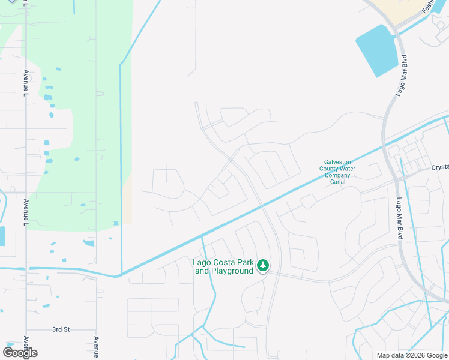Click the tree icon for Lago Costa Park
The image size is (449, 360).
(262, 265)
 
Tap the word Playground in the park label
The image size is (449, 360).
(232, 271)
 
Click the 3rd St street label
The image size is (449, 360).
(61, 329)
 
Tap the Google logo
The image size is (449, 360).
(20, 353)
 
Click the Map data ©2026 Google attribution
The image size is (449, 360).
(412, 355)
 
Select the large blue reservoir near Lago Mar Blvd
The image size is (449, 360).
(377, 50)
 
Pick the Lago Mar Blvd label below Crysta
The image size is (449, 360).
(399, 220)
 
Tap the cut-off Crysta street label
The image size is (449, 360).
(440, 168)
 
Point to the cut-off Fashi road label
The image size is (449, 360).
(427, 7)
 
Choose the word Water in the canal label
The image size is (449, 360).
(345, 169)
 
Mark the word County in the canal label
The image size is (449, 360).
(330, 169)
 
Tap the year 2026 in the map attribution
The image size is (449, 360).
(417, 355)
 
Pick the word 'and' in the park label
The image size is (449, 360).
(202, 271)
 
